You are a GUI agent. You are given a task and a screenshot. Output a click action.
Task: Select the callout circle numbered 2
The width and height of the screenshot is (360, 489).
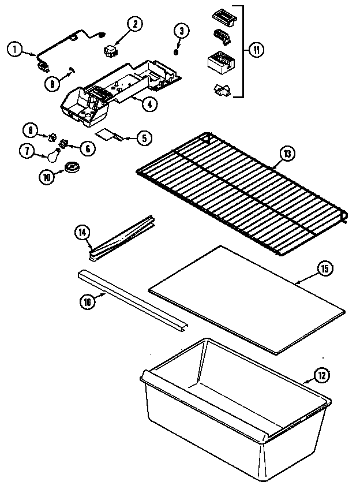[134, 24]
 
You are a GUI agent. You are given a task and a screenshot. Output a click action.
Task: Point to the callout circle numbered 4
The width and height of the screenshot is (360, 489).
[149, 104]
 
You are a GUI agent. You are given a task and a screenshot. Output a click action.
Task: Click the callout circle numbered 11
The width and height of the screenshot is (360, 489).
[256, 50]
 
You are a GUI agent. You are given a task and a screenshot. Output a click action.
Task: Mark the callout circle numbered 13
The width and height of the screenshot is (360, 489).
[287, 154]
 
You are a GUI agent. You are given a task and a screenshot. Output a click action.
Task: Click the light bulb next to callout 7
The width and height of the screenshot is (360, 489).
[54, 155]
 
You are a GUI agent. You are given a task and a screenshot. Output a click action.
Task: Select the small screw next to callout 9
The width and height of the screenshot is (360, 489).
[72, 69]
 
